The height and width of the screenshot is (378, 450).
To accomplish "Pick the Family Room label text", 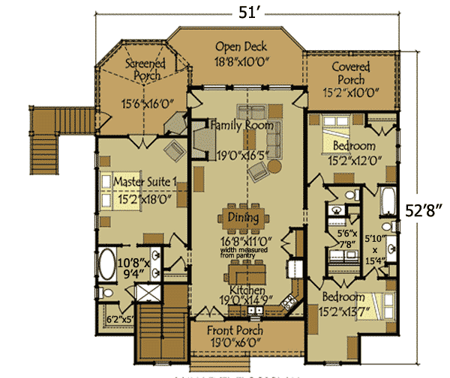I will tap(241, 126).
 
